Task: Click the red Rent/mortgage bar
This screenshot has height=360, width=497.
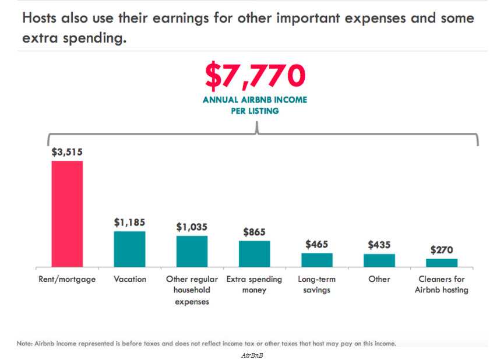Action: point(67,213)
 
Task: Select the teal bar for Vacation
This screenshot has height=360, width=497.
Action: point(129,249)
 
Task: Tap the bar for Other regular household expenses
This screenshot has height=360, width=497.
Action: point(192,251)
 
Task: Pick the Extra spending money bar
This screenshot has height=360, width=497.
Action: point(254,253)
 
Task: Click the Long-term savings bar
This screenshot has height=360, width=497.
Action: point(316,260)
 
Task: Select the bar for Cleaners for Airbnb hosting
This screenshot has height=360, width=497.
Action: point(442,262)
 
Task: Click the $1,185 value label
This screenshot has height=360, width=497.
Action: point(129,222)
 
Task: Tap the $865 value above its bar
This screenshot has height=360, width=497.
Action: point(254,232)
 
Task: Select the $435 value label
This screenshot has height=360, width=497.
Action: point(379,245)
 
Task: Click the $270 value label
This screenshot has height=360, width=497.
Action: point(442,249)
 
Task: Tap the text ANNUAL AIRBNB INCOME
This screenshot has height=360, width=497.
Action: point(255,100)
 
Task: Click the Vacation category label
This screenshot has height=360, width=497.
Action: point(129,280)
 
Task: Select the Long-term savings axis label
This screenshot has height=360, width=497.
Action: point(316,285)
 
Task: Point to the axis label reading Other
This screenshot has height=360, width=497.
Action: point(379,280)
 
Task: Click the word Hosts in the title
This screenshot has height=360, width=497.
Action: point(42,18)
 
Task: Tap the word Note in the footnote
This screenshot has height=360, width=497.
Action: point(24,344)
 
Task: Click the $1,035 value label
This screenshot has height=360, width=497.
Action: point(192,227)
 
